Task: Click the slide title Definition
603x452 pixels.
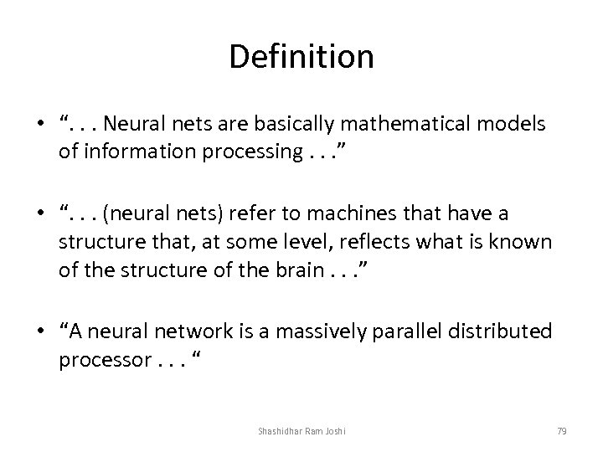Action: tap(301, 58)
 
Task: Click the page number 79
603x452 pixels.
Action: tap(561, 430)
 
